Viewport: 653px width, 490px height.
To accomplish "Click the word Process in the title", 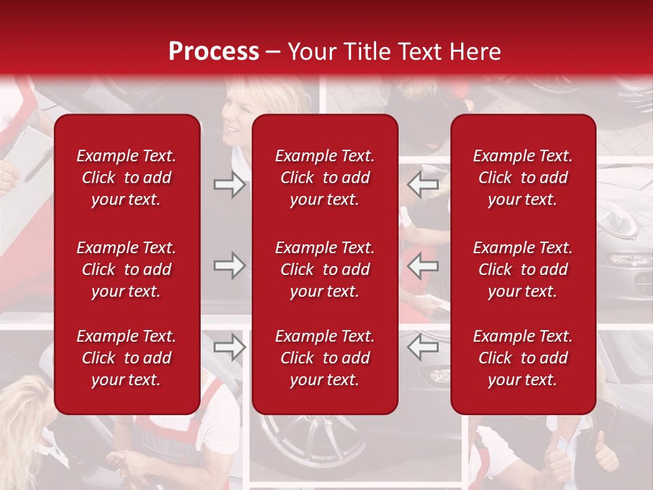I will pyautogui.click(x=214, y=52).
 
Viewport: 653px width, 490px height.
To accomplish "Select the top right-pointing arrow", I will pyautogui.click(x=229, y=184).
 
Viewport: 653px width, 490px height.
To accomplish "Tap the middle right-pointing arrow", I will pyautogui.click(x=229, y=265).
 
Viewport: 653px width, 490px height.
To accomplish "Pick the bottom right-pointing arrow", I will pyautogui.click(x=229, y=347).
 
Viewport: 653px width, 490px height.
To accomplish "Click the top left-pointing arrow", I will pyautogui.click(x=423, y=184).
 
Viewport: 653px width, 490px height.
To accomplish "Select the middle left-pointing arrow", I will pyautogui.click(x=423, y=265).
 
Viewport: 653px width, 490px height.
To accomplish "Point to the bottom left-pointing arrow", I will pyautogui.click(x=423, y=347).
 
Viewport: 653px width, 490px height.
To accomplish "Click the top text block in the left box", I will pyautogui.click(x=127, y=178).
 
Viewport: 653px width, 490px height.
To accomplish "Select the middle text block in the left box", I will pyautogui.click(x=127, y=269).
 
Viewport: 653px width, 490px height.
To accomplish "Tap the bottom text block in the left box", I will pyautogui.click(x=127, y=358).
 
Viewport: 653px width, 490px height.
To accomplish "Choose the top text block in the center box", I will pyautogui.click(x=324, y=178).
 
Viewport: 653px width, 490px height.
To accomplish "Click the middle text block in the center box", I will pyautogui.click(x=324, y=269).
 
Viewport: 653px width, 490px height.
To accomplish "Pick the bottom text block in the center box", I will pyautogui.click(x=324, y=358).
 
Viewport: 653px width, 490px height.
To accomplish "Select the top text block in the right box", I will pyautogui.click(x=522, y=178).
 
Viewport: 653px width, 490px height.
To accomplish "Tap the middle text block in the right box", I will pyautogui.click(x=522, y=269).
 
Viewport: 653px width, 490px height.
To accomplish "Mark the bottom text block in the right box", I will pyautogui.click(x=522, y=358).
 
